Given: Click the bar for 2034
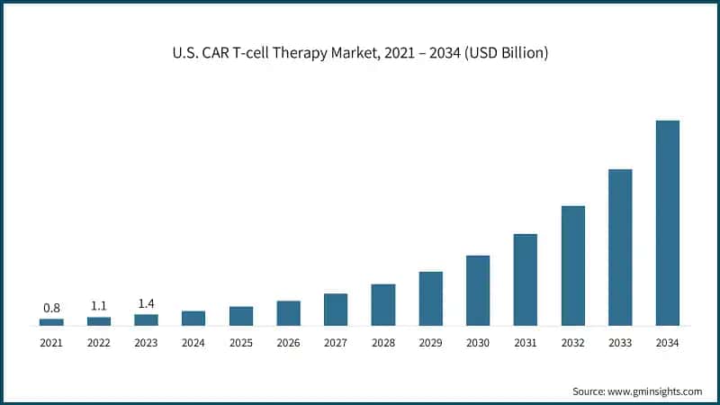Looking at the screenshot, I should click(x=667, y=222).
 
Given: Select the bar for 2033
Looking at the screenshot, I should click(x=620, y=247).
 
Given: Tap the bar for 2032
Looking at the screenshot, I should click(x=572, y=265).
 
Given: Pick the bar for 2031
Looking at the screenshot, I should click(x=526, y=279).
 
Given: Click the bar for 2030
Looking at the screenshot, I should click(x=478, y=290).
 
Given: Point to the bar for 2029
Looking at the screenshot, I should click(x=430, y=298).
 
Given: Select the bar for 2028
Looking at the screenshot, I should click(x=383, y=304).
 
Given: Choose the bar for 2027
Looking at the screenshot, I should click(x=336, y=309).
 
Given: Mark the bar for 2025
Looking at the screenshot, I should click(x=241, y=315).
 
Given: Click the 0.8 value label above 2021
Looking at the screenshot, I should click(x=51, y=308).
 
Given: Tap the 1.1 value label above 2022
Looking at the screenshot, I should click(x=99, y=306).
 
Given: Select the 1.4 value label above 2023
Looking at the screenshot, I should click(x=146, y=303).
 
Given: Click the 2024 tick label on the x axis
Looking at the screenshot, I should click(x=193, y=343).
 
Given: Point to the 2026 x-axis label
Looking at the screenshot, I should click(x=288, y=343).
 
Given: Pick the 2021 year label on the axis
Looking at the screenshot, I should click(x=51, y=343).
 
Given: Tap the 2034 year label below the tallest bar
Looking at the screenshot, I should click(x=667, y=343).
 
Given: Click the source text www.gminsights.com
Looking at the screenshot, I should click(x=654, y=391).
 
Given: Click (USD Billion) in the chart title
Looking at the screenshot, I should click(x=505, y=54).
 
